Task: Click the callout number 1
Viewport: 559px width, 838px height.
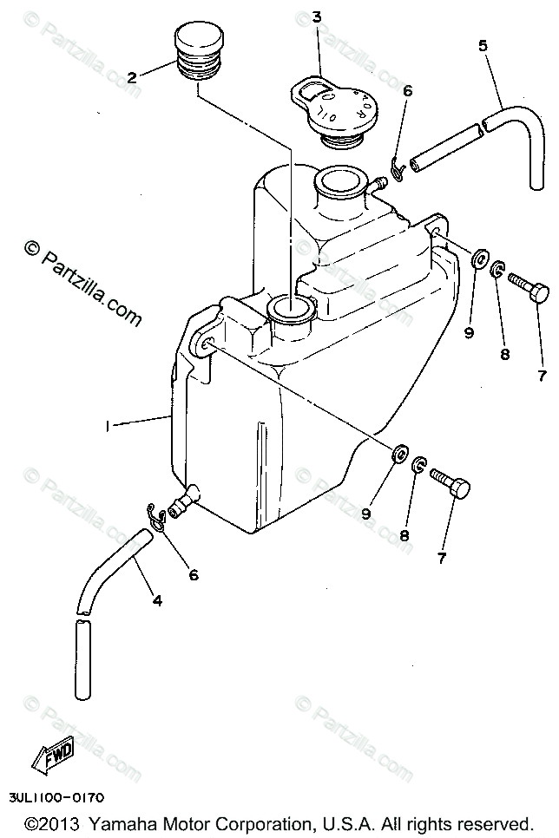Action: [x=109, y=426]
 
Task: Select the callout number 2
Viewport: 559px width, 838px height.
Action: [x=132, y=77]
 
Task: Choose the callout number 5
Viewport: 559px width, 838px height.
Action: [x=483, y=46]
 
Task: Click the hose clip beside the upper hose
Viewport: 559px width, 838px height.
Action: [x=396, y=167]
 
